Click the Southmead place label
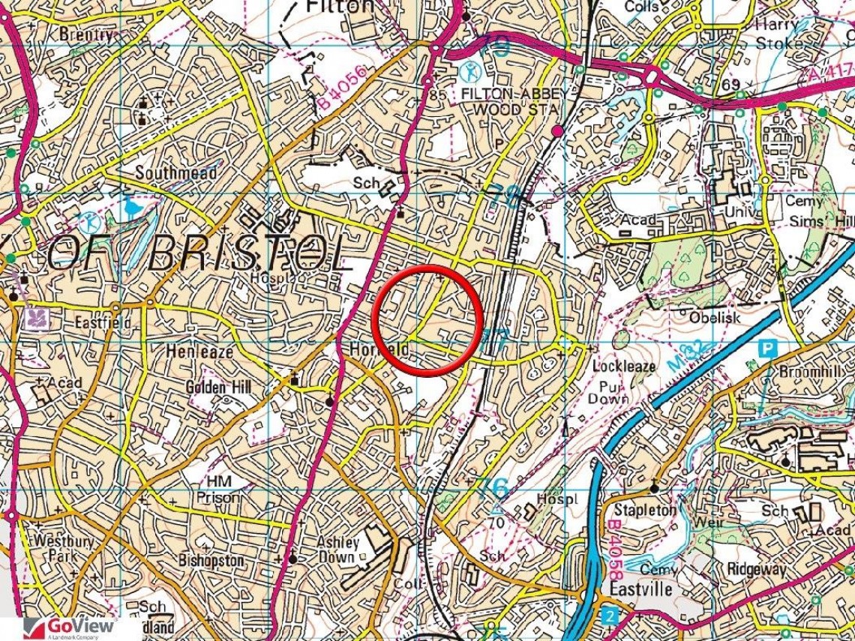(x=175, y=173)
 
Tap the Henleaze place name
(x=200, y=351)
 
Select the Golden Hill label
(x=218, y=388)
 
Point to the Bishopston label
(x=211, y=560)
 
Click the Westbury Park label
(x=53, y=549)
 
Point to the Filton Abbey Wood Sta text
(x=510, y=101)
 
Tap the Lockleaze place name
(x=624, y=366)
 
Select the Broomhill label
(x=811, y=371)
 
